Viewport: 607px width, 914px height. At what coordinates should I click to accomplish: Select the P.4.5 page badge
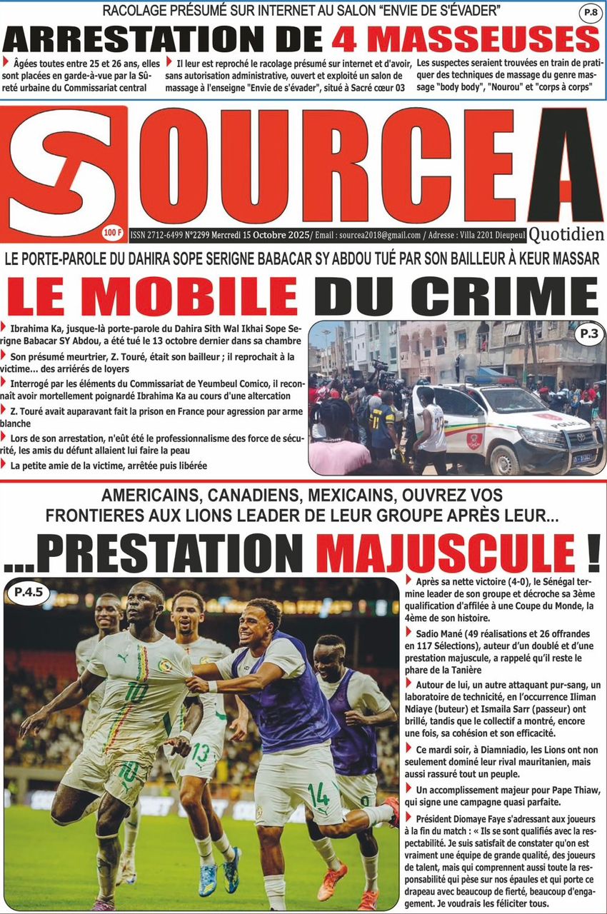[x=28, y=592]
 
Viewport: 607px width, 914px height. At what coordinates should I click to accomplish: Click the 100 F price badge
[x=112, y=233]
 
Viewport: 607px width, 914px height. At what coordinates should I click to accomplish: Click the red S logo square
[x=63, y=174]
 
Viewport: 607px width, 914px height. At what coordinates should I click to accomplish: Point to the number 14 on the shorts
[x=318, y=793]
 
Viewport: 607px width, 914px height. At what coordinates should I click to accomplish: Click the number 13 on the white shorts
[x=201, y=753]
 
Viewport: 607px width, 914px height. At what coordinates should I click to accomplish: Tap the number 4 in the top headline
[x=348, y=40]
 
